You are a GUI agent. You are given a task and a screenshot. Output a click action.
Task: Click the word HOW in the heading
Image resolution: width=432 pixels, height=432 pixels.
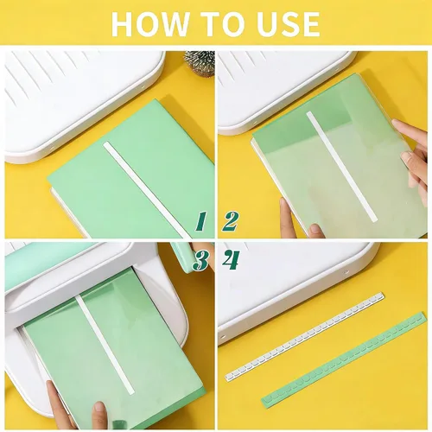pos(150,23)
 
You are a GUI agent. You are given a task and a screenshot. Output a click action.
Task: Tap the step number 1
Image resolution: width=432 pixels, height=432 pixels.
pos(200,221)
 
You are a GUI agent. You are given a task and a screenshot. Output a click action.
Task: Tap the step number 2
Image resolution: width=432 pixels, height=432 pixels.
pos(230,221)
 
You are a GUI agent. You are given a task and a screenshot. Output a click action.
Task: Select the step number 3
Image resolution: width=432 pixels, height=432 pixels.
pos(200,261)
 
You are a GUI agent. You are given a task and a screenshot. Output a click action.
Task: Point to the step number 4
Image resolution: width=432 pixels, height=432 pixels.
pos(231,261)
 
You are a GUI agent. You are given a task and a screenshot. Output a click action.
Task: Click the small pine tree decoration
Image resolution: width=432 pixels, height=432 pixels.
pos(200,64)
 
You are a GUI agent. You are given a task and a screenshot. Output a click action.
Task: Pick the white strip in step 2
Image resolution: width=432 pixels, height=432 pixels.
pos(342,167)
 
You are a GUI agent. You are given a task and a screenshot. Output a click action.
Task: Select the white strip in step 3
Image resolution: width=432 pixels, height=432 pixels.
pos(105,345)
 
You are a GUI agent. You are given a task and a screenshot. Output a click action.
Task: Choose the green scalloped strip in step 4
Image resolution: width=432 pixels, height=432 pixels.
pos(344,360)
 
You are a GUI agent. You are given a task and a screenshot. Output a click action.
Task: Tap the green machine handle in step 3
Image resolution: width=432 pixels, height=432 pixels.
pos(183,257)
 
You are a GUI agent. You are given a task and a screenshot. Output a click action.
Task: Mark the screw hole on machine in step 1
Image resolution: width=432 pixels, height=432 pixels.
pos(52,148)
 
